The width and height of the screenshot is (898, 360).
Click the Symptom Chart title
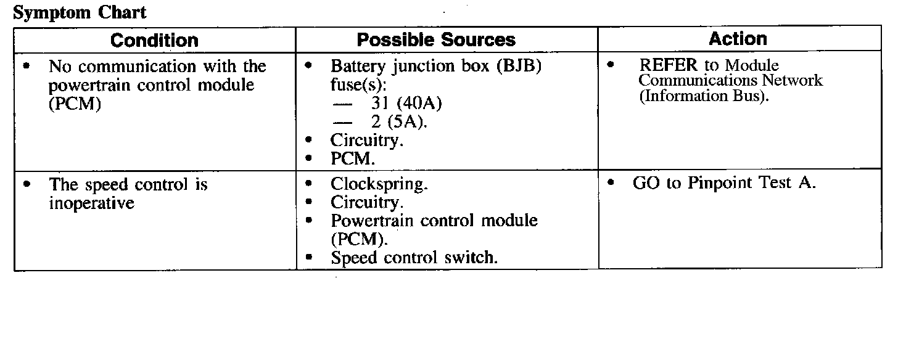[x=80, y=12]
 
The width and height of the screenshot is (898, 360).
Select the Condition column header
[x=154, y=41]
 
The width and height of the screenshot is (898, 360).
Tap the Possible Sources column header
[x=436, y=40]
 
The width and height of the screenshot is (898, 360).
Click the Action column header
[x=738, y=39]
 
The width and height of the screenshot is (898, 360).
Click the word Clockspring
[x=379, y=184]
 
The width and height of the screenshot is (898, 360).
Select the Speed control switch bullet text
[x=414, y=258]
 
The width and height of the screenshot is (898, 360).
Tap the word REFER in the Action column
[x=668, y=65]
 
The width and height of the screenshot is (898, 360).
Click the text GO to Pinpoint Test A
[x=724, y=183]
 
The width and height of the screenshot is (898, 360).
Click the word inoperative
[x=91, y=203]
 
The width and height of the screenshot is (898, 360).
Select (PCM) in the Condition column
[x=74, y=103]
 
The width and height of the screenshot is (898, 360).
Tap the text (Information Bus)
[x=704, y=96]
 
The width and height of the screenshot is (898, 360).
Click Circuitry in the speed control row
[x=367, y=202]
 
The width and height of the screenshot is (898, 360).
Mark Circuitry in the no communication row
[x=367, y=141]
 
